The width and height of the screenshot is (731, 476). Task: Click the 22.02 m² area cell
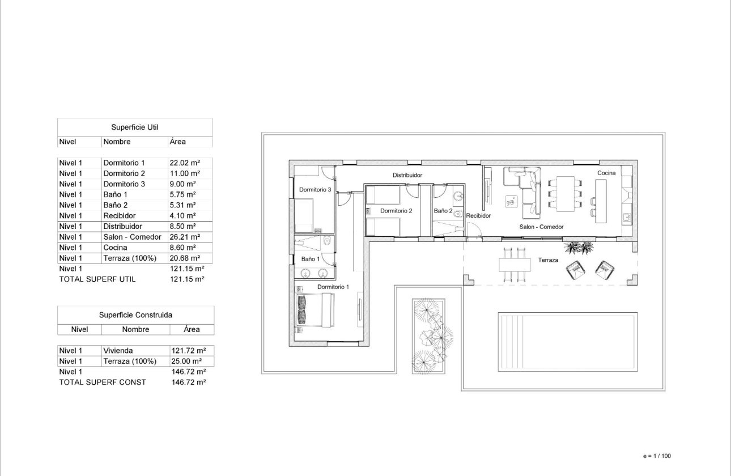point(182,163)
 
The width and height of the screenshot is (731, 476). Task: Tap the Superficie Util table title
point(134,127)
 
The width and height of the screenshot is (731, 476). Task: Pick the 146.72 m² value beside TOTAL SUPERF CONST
point(188,382)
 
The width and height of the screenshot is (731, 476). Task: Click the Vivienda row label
point(118,351)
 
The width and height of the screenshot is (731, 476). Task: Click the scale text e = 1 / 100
point(657,456)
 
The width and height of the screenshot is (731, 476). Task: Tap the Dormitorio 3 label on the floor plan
point(315,190)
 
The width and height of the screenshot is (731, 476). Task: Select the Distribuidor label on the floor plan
point(407,175)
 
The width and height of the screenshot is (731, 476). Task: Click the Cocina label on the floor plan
point(606,173)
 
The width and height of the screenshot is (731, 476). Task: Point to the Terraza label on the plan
point(549,260)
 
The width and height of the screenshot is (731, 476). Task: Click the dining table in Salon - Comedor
point(566,194)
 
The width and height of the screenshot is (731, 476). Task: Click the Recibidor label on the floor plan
point(478,216)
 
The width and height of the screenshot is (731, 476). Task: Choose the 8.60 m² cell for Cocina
point(182,248)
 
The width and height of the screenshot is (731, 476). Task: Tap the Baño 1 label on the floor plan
point(311,258)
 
